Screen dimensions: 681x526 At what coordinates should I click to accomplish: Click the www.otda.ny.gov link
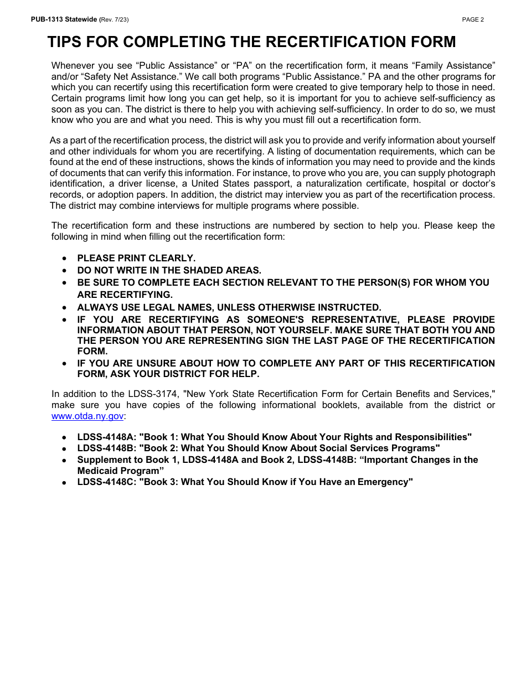(x=87, y=416)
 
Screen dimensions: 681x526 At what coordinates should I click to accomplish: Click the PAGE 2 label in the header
(x=473, y=19)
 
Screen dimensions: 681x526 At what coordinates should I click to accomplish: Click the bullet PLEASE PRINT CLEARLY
(x=136, y=258)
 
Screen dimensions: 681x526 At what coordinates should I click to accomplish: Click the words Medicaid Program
(x=120, y=471)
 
